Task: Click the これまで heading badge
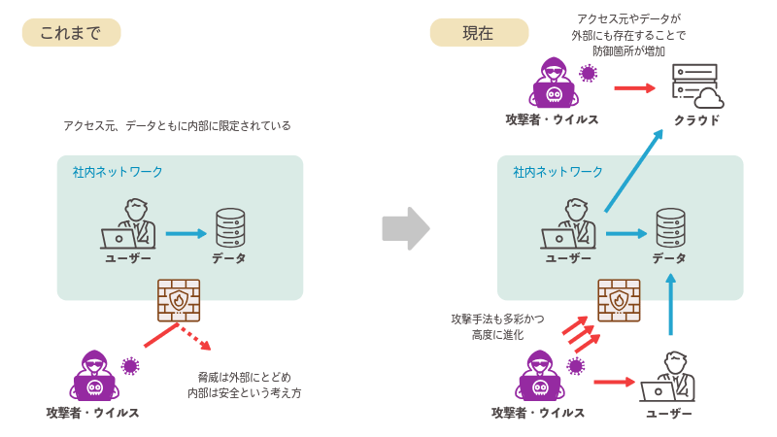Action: click(x=71, y=33)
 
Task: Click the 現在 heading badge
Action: click(x=479, y=33)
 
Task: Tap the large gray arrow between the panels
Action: click(x=405, y=227)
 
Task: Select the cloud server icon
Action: click(x=696, y=85)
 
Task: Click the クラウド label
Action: click(x=696, y=120)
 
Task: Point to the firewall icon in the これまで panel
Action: click(x=179, y=300)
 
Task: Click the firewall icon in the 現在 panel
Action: click(x=619, y=300)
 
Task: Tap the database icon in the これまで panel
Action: click(x=230, y=228)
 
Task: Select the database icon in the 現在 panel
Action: click(x=670, y=228)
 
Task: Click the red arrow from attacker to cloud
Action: click(x=635, y=87)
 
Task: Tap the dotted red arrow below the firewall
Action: click(x=195, y=337)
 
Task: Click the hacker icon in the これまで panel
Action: click(x=94, y=375)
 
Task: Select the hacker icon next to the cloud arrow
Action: click(x=554, y=83)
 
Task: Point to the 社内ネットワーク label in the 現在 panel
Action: click(x=558, y=172)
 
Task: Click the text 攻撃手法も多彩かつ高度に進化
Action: click(x=497, y=326)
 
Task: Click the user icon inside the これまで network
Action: click(x=129, y=225)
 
